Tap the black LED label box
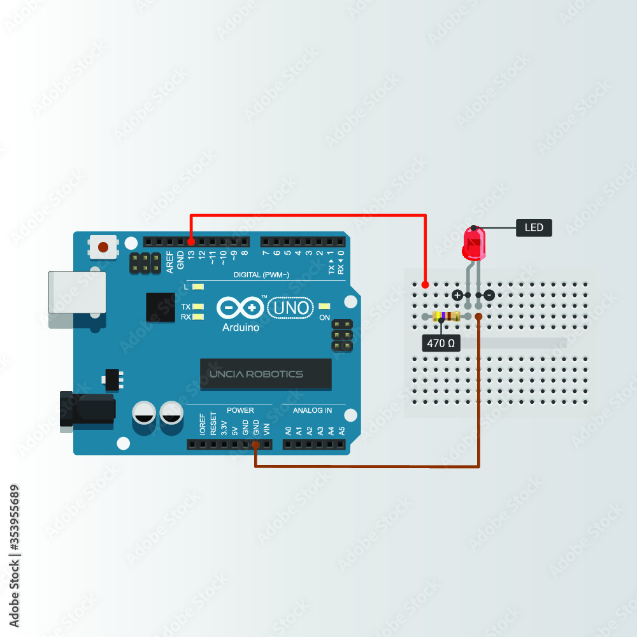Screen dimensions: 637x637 tap(533, 227)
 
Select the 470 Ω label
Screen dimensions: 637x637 tap(441, 343)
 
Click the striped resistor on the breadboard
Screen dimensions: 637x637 tap(445, 317)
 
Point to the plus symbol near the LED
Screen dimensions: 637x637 tap(457, 295)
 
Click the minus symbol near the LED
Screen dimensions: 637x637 tap(489, 295)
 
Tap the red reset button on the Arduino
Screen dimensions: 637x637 tap(104, 246)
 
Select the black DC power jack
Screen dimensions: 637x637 tap(86, 408)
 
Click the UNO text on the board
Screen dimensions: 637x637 tap(291, 308)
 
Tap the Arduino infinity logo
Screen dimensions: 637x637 tap(240, 308)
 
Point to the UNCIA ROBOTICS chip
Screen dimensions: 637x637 tap(266, 374)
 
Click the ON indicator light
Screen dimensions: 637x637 tap(325, 307)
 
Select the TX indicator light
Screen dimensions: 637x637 tap(197, 306)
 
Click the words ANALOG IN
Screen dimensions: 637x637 tap(312, 410)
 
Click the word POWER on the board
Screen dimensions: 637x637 tap(240, 410)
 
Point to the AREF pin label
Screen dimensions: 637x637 tap(170, 262)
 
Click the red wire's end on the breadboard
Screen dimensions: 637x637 tap(425, 283)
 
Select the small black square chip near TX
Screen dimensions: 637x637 tap(160, 307)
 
